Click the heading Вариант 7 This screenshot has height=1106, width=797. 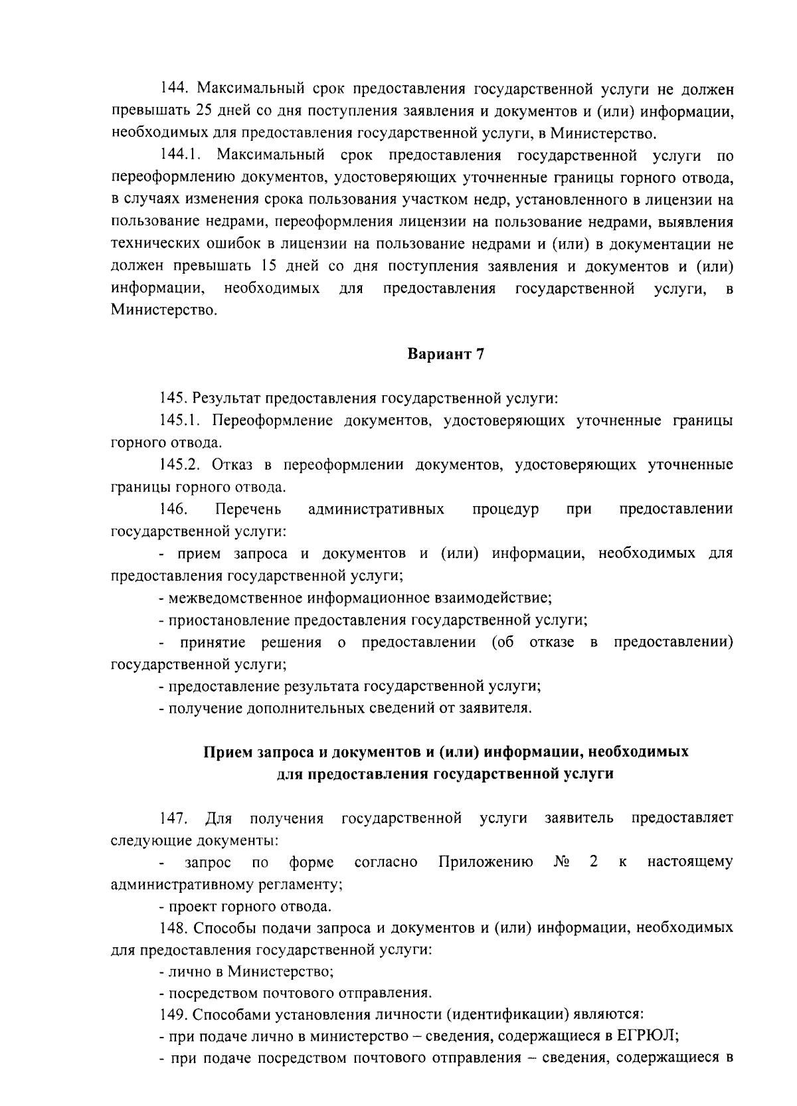click(x=445, y=354)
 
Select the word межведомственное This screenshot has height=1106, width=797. click(x=235, y=598)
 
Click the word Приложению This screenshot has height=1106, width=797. click(x=486, y=862)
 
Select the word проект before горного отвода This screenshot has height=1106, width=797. click(x=189, y=906)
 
